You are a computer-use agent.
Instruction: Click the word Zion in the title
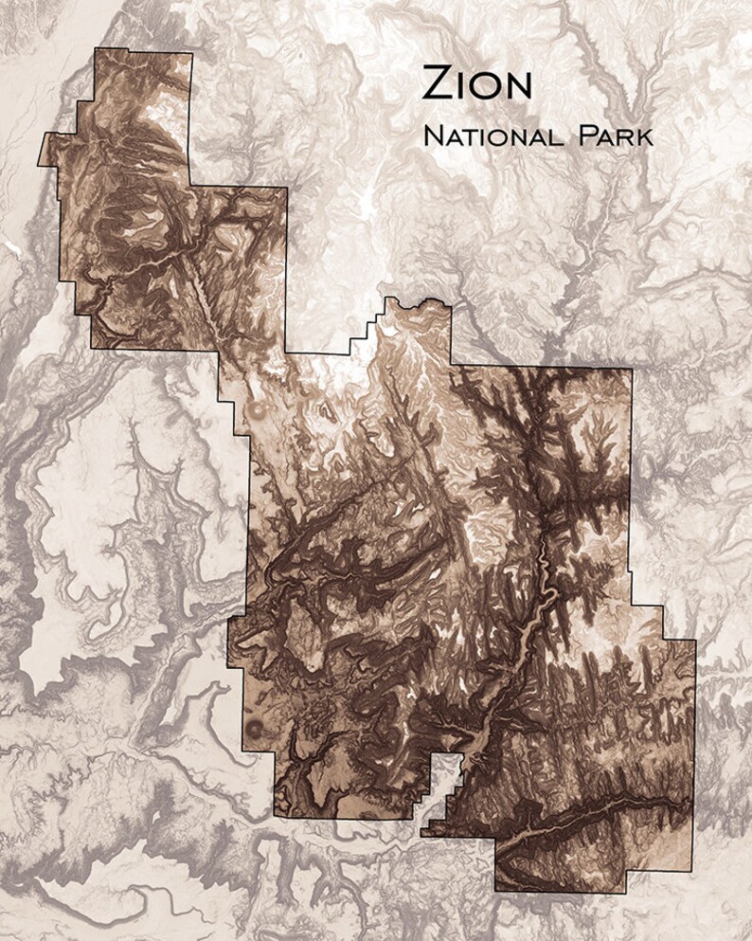476,84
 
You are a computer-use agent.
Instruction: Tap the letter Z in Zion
437,84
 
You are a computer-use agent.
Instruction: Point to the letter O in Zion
487,85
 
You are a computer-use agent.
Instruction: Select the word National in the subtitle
490,136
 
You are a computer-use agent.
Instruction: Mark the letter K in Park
644,136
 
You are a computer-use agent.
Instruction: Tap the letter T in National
463,136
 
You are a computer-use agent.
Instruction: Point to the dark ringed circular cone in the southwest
253,729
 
